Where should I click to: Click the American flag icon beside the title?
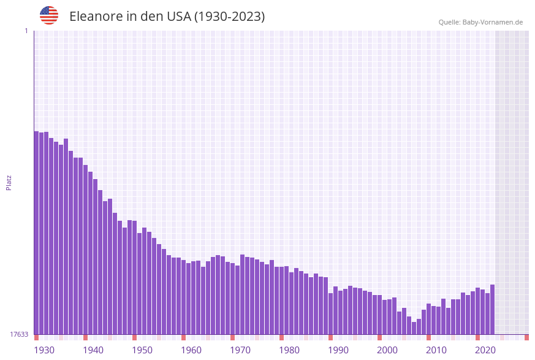click(49, 15)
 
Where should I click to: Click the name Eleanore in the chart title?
click(97, 17)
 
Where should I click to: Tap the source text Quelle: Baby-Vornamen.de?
click(480, 22)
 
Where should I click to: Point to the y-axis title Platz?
click(9, 182)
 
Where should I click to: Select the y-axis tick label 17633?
click(20, 334)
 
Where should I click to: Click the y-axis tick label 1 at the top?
click(26, 31)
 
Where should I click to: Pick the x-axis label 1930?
click(44, 350)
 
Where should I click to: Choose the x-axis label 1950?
click(142, 350)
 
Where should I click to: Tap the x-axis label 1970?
click(240, 350)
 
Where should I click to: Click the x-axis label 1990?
click(338, 350)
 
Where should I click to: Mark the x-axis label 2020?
click(485, 350)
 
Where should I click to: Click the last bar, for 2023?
click(492, 310)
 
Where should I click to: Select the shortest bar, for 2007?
click(414, 328)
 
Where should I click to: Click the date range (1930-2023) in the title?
click(229, 17)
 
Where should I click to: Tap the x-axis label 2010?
click(436, 350)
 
